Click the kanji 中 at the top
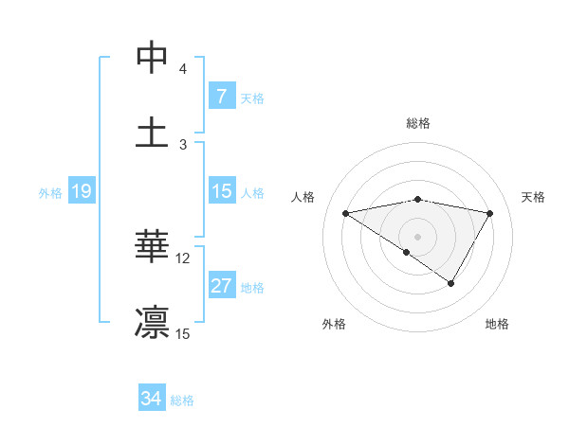pos(152,58)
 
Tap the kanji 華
pos(152,247)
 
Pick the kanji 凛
pos(152,322)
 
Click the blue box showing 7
pos(221,97)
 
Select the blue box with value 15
pos(221,191)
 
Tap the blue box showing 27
pos(221,286)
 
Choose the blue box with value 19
pos(81,191)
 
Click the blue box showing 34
pos(151,399)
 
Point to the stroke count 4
pos(183,69)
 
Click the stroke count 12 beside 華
pos(183,258)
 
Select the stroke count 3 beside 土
pos(183,144)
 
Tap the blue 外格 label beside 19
pos(50,192)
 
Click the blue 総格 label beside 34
pos(182,400)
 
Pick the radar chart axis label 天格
pos(534,197)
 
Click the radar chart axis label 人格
pos(304,197)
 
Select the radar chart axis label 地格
pos(497,324)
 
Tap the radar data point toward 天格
pos(490,213)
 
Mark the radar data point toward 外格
pos(407,252)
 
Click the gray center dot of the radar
pos(417,236)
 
